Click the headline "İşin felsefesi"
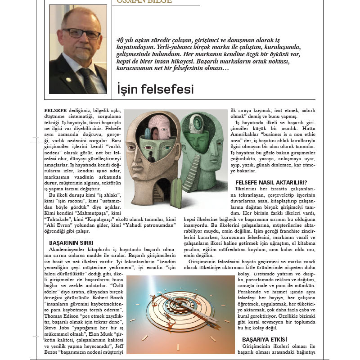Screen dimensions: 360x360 click(155, 89)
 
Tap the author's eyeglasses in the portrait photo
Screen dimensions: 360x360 click(81, 33)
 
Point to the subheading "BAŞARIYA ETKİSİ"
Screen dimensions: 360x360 click(265, 339)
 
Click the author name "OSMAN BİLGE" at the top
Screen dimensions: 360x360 click(144, 2)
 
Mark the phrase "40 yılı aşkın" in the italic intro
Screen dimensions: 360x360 click(134, 40)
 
